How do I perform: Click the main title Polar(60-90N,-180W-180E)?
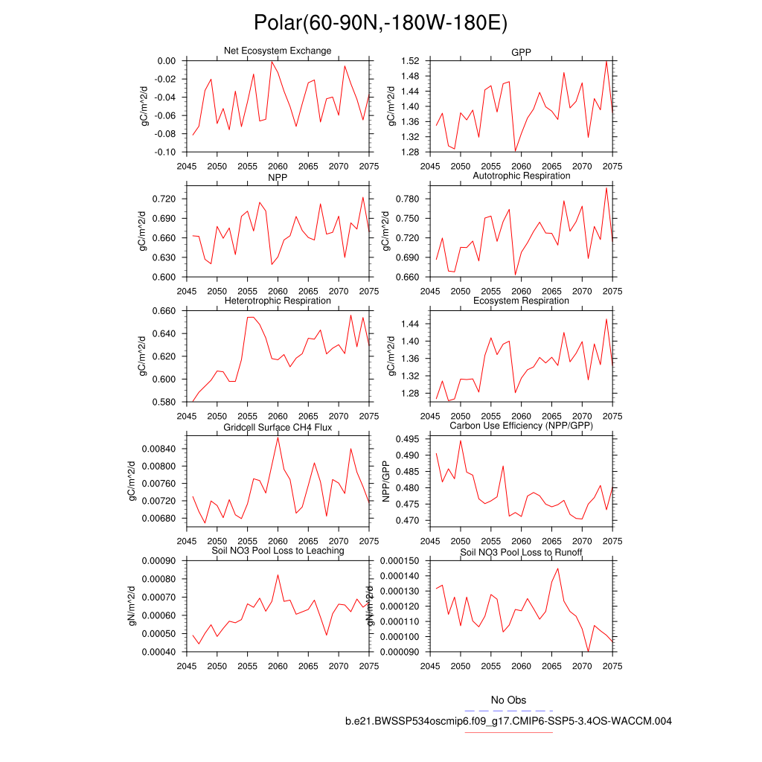pyautogui.click(x=380, y=23)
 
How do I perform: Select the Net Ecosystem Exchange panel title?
pyautogui.click(x=278, y=51)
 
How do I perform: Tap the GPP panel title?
pyautogui.click(x=521, y=52)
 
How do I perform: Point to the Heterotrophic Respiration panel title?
pyautogui.click(x=278, y=301)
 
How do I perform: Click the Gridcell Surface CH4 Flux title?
pyautogui.click(x=278, y=428)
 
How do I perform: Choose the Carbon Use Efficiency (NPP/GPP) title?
pyautogui.click(x=521, y=426)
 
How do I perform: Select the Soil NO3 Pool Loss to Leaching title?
pyautogui.click(x=278, y=551)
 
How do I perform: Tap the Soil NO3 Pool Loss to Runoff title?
pyautogui.click(x=521, y=553)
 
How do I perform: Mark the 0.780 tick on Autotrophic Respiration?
pyautogui.click(x=409, y=199)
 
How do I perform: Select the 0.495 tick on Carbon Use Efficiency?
pyautogui.click(x=409, y=439)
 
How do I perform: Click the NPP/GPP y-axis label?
pyautogui.click(x=386, y=481)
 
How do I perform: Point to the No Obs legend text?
pyautogui.click(x=508, y=700)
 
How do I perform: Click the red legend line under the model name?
pyautogui.click(x=508, y=732)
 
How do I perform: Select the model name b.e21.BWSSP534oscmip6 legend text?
pyautogui.click(x=508, y=721)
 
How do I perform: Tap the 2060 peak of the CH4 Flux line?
pyautogui.click(x=278, y=437)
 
